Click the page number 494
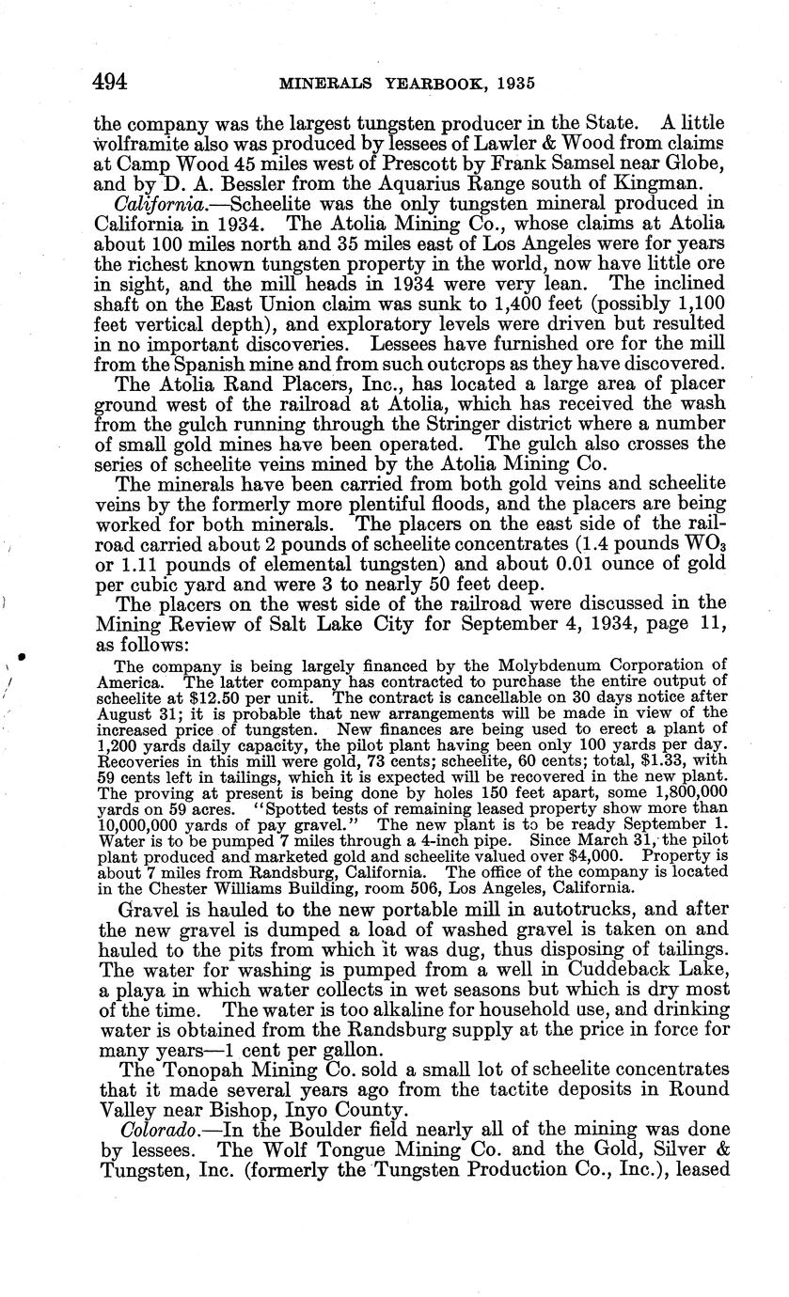coord(110,82)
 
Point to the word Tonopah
coord(188,1069)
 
